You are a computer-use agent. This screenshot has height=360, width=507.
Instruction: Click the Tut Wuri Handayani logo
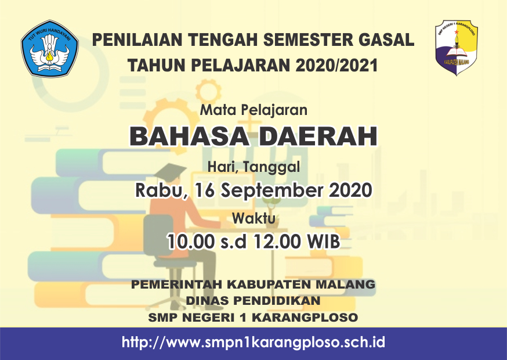(49, 49)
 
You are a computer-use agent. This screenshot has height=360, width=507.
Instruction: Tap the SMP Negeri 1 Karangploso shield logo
(456, 47)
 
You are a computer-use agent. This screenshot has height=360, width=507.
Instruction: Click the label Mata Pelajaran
(254, 110)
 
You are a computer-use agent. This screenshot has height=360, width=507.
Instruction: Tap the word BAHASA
(190, 136)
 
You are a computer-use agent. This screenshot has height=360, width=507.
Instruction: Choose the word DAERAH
(318, 136)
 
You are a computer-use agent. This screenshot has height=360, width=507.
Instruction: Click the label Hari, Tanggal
(254, 167)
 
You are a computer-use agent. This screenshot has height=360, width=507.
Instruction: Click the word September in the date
(272, 190)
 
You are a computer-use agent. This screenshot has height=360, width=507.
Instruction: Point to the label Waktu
(254, 218)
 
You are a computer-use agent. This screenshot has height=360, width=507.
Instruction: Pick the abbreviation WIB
(324, 242)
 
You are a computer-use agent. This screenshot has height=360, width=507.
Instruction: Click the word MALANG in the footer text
(345, 285)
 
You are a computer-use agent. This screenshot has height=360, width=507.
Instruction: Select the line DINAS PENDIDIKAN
(253, 301)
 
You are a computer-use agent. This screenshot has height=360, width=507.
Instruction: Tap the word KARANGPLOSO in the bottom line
(305, 318)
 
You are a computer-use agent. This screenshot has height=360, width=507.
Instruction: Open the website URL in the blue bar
(253, 342)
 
